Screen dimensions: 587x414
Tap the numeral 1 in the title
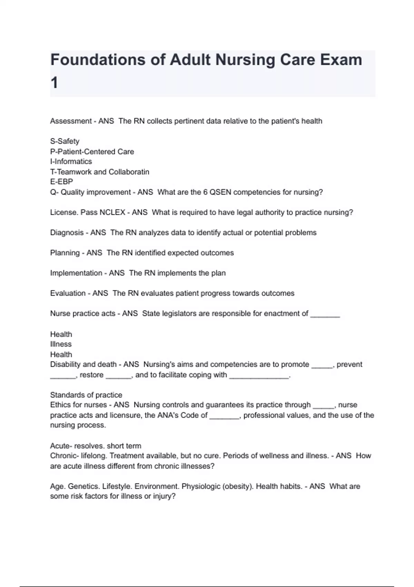pos(54,83)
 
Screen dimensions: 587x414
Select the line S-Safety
pos(65,141)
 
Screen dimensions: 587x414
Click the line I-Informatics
pos(71,162)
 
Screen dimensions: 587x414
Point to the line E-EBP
pos(61,182)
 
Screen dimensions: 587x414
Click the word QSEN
pos(220,192)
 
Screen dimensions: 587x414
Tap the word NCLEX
pos(112,212)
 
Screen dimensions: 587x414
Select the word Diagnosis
pos(67,233)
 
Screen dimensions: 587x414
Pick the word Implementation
pos(76,273)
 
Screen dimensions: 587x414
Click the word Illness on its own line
pos(61,344)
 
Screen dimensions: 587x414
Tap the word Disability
pos(66,365)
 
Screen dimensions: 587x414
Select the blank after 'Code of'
pos(224,416)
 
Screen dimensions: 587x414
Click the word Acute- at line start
pos(61,446)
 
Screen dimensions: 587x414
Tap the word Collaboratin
pos(129,172)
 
